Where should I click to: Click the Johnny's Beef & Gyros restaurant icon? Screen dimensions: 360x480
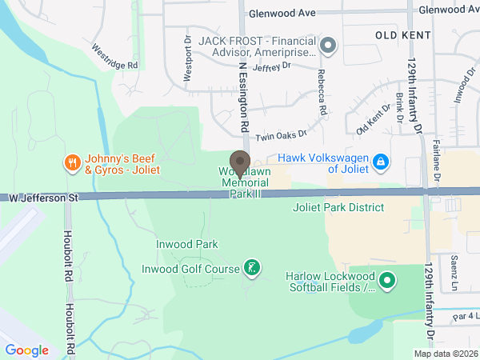pos(72,164)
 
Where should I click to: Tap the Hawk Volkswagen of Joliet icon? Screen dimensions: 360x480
pos(381,163)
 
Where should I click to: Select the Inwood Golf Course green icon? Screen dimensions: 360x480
pos(252,269)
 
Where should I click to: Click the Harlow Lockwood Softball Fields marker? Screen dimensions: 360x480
pos(387,281)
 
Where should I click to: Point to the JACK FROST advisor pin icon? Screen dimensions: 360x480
pos(327,46)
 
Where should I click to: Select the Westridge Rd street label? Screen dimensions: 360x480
pos(114,55)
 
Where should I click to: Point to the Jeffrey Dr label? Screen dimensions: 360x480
pos(271,66)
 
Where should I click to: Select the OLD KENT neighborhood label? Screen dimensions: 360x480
pos(403,35)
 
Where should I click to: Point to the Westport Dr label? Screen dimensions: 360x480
pos(188,59)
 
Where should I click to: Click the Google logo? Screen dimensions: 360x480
pos(27,350)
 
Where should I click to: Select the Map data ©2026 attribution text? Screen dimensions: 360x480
pos(445,354)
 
